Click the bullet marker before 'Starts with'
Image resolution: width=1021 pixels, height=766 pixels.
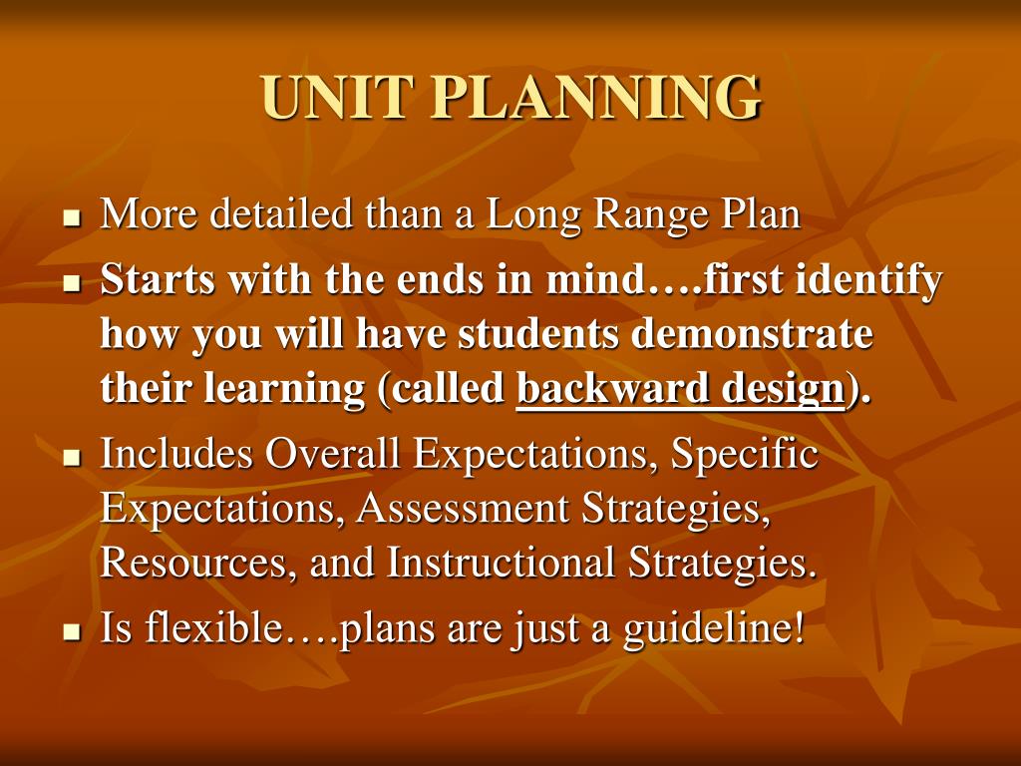(71, 283)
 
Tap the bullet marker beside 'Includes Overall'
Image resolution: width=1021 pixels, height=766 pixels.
(71, 458)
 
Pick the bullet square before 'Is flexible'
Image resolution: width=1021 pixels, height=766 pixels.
(71, 632)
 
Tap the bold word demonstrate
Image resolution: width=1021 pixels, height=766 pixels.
(752, 335)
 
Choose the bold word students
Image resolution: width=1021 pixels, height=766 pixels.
(538, 335)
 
